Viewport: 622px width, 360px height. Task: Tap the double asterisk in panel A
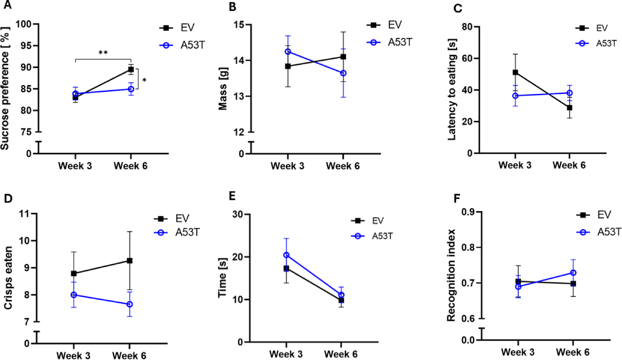click(x=103, y=53)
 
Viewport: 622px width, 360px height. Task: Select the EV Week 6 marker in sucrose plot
click(x=131, y=69)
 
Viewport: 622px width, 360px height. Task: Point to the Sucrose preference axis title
click(x=5, y=88)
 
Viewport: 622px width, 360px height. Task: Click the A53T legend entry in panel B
click(x=390, y=42)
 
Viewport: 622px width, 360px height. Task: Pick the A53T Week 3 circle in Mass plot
click(x=288, y=52)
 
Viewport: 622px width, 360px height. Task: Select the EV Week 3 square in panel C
click(x=515, y=73)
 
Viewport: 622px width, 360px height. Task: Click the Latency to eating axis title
click(x=452, y=90)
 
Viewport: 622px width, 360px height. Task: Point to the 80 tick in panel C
click(x=467, y=27)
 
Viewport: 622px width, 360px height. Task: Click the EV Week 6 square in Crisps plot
click(x=130, y=261)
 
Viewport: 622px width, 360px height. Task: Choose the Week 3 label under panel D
click(x=73, y=355)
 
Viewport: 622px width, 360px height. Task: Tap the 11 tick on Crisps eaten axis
click(x=24, y=214)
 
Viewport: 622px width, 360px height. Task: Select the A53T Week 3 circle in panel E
click(x=286, y=255)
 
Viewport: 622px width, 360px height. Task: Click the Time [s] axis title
click(x=223, y=278)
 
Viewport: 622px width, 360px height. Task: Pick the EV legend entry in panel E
click(x=367, y=221)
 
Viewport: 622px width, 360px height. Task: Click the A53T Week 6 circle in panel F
click(x=573, y=273)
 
